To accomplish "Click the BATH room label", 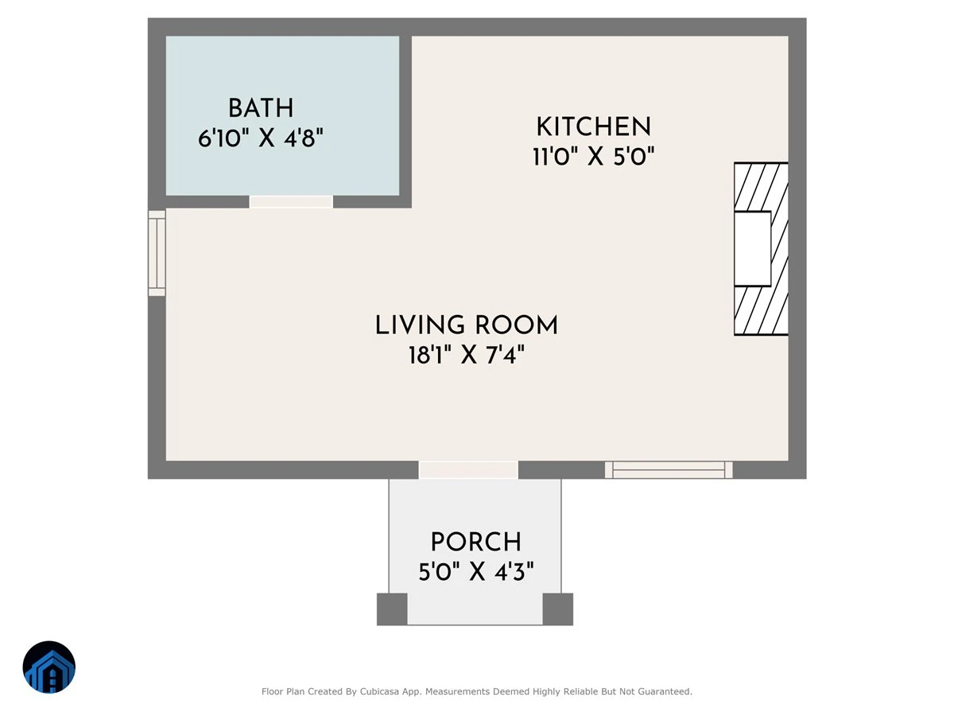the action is click(261, 108).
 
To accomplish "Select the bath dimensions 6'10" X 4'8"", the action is click(261, 138).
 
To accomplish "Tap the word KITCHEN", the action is click(594, 126).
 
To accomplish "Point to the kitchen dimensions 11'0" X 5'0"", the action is click(594, 157).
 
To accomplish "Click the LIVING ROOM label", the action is click(467, 325).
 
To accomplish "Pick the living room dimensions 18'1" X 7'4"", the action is click(467, 355).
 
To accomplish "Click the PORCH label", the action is click(476, 542).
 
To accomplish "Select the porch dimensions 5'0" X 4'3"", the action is click(476, 571).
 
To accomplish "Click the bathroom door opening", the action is click(291, 202).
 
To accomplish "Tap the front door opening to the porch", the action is click(468, 470).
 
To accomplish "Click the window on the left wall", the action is click(157, 254).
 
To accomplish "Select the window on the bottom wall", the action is click(669, 470).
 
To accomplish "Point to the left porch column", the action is click(392, 609).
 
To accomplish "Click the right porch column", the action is click(557, 609).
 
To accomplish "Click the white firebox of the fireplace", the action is click(752, 249).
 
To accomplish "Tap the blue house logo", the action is click(49, 667).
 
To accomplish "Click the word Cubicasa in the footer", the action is click(379, 691).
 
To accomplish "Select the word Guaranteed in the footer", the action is click(667, 691).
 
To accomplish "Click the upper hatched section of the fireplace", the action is click(761, 187).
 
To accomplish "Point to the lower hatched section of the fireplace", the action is click(761, 310).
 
